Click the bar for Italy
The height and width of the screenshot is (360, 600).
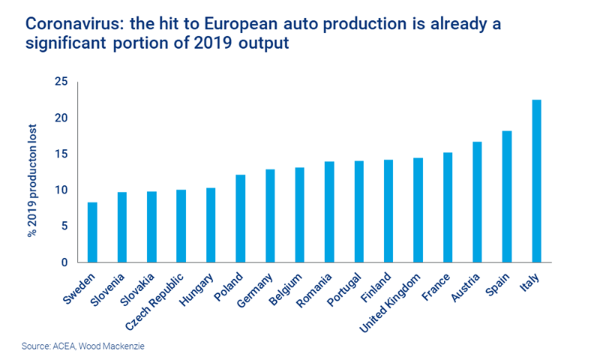tap(536, 181)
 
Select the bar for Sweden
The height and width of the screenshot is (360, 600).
tap(92, 232)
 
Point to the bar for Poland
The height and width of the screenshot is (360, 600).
tap(240, 218)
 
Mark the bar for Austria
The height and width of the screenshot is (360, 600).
tap(477, 202)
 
